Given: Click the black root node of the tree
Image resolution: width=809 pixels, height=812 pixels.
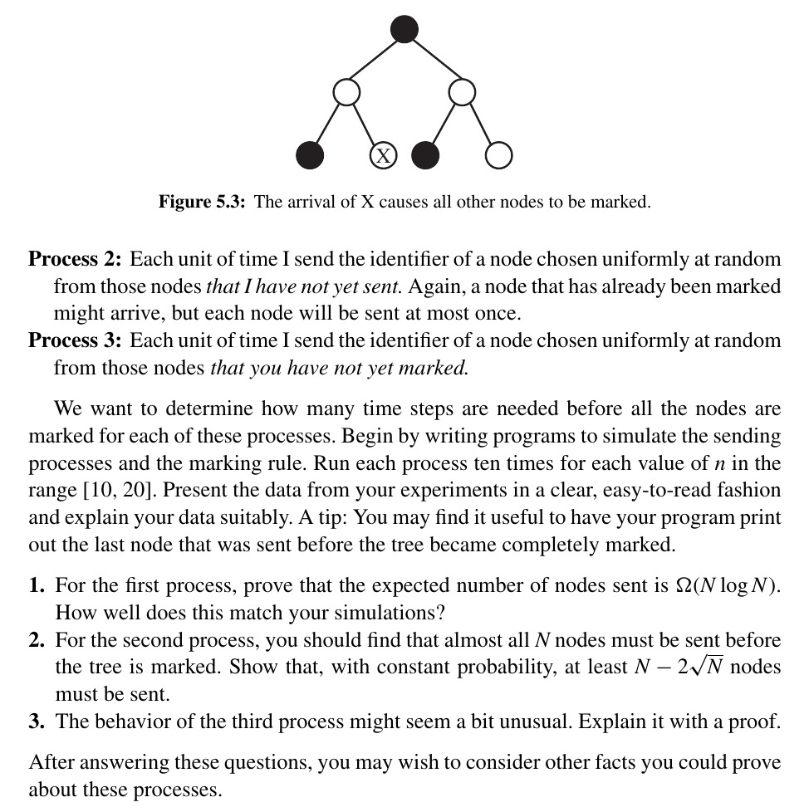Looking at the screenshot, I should (x=404, y=30).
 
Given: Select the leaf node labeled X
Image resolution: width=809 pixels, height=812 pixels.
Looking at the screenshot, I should (x=382, y=155).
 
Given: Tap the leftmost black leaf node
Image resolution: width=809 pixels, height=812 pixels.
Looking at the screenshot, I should (x=310, y=155).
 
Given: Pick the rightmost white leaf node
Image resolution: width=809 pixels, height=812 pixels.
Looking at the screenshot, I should (x=498, y=155).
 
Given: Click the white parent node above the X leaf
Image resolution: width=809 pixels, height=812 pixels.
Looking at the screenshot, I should (x=346, y=91).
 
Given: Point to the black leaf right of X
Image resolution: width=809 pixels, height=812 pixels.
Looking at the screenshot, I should (x=426, y=155).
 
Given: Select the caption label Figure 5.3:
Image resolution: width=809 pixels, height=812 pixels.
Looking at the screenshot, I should (x=202, y=202).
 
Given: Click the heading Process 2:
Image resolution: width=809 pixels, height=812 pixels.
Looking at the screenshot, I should (x=76, y=260).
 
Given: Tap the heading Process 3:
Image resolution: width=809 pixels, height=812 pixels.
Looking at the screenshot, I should (x=76, y=340).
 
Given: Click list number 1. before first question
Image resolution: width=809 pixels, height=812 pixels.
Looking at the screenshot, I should (x=37, y=586).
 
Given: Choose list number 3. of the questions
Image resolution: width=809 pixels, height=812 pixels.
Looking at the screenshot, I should (x=37, y=721).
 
